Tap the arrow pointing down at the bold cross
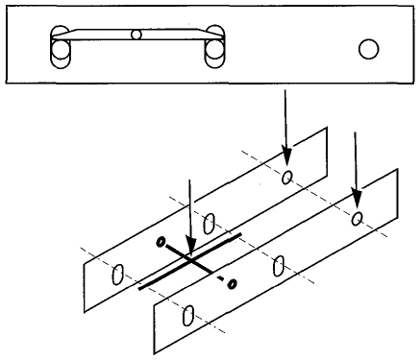pos(192,216)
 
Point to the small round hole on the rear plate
pos(286,176)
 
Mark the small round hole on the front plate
pos(358,219)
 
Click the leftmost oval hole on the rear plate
pos(117,275)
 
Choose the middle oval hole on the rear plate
pos(209,225)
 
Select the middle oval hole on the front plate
pos(278,266)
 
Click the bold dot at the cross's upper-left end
pos(161,240)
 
